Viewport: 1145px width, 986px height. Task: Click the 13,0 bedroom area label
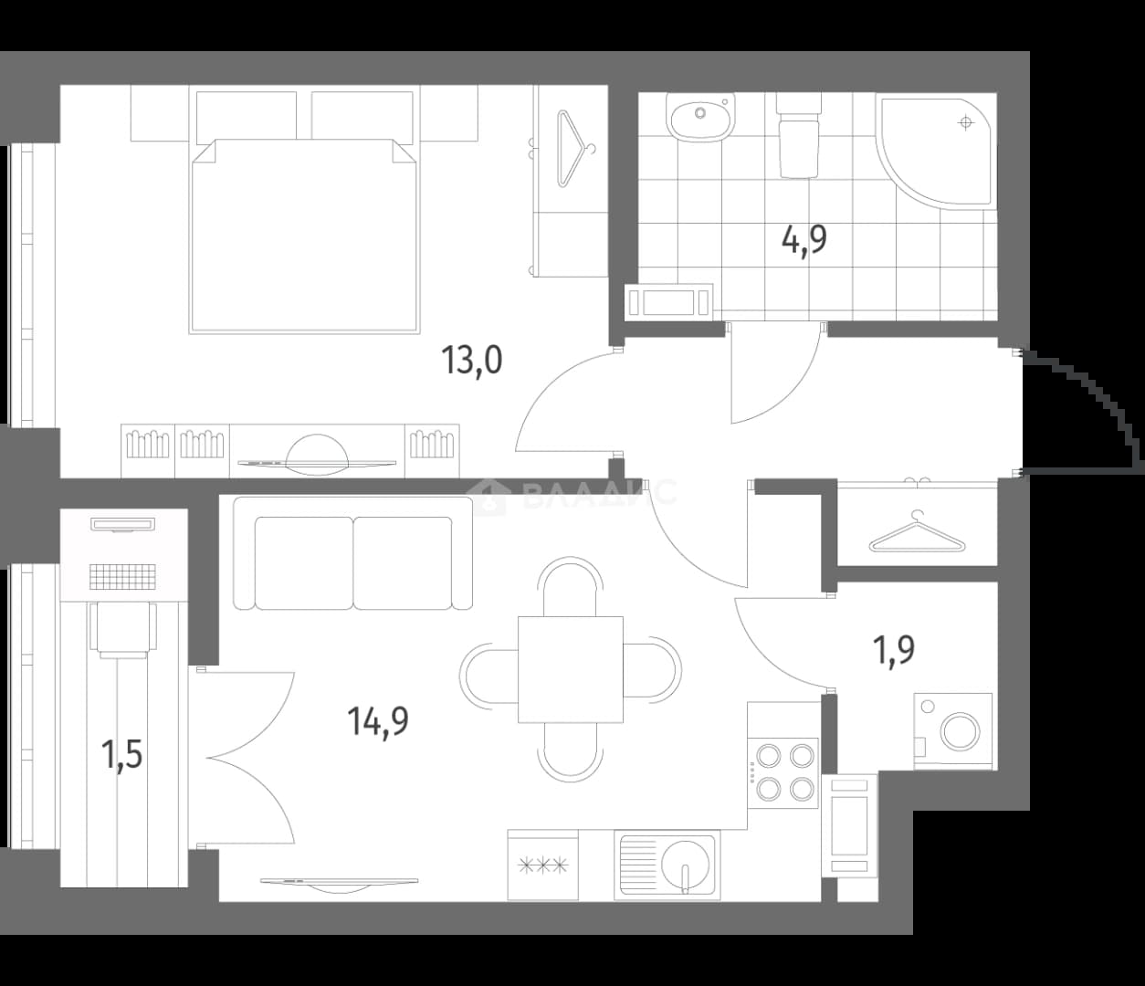pos(472,360)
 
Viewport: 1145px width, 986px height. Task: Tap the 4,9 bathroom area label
pos(804,240)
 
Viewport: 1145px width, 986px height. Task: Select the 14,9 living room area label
pos(378,722)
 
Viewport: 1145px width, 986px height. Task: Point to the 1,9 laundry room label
pos(894,650)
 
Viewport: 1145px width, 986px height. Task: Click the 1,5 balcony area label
pos(121,754)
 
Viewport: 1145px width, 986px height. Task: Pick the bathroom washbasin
pos(700,118)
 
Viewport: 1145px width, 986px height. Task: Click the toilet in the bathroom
pos(798,135)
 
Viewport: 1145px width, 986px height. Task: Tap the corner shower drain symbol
pos(966,122)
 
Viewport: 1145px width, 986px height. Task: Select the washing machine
pos(952,730)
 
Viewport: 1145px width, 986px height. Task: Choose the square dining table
pos(571,670)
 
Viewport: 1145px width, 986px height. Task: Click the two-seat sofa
pos(352,553)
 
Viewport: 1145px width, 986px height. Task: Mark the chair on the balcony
pos(123,630)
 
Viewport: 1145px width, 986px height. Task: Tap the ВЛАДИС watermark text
pos(599,492)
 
